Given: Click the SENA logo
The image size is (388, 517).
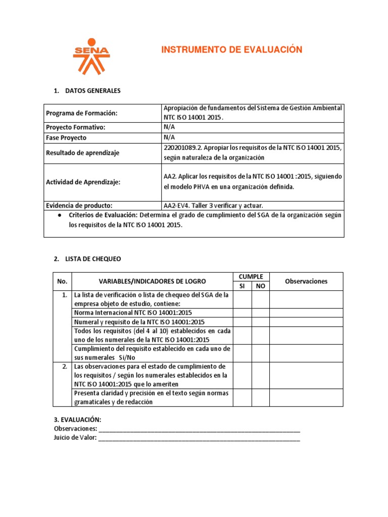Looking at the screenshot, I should coord(91,56).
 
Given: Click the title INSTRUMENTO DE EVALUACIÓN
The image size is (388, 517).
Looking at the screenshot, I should coord(231,49).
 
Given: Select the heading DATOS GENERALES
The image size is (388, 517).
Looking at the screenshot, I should coord(93,91).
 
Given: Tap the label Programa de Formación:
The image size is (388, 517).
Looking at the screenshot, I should coord(81,113).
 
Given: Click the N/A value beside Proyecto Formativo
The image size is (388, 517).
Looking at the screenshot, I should coord(169,128).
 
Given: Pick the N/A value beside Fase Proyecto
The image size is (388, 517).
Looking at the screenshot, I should coord(169,137).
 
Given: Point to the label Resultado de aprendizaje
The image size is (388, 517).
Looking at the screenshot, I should coord(82,153).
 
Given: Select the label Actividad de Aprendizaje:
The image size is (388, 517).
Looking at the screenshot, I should coord(83,182).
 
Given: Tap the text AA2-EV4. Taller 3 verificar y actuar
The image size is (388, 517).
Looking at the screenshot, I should coord(213,205).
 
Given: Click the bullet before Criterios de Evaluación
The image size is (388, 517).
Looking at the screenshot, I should coord(60,215).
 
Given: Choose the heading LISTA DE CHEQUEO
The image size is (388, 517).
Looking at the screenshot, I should coord(93,259).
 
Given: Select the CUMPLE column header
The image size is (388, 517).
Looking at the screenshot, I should coord(251,277).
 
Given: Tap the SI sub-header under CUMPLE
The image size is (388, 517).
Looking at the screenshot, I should coord(241,286).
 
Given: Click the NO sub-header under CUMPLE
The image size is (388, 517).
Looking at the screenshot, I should coord(260,286).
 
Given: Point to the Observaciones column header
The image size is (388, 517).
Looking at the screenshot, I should coord(306,282).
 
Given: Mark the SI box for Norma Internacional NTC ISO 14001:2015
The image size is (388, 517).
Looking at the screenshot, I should coord(241,313).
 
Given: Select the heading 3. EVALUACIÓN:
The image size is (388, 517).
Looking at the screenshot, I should coord(77,420).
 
